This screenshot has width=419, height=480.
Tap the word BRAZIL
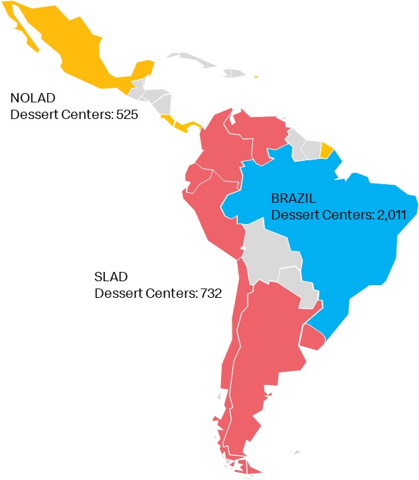[293, 198]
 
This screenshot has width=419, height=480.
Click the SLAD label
[110, 276]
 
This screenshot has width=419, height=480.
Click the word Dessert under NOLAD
[33, 114]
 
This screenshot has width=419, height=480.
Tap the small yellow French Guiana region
[326, 150]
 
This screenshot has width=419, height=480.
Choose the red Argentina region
[266, 346]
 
